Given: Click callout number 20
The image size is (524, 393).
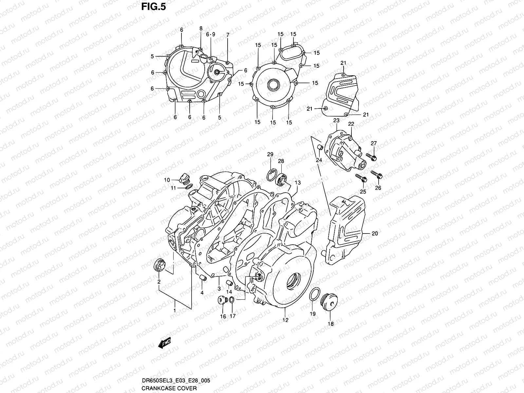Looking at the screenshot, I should [x=375, y=234].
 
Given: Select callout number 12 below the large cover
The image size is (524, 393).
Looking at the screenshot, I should [x=286, y=320].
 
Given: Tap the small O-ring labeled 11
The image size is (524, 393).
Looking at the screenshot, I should [x=188, y=187].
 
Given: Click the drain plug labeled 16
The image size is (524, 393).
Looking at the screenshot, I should [x=223, y=300].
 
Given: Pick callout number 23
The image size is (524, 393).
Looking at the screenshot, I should [x=336, y=121].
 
